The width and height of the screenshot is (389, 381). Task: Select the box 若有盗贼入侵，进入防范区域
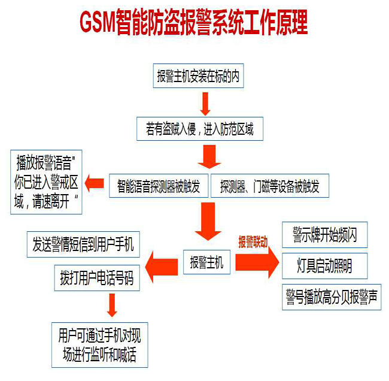(199, 128)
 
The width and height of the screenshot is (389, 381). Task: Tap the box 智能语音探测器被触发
(159, 186)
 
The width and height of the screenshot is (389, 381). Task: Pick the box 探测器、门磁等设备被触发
(270, 186)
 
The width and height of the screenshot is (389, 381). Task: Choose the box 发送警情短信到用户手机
(83, 243)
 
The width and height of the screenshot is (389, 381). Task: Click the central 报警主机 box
(206, 262)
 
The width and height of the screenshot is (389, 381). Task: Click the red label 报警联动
(253, 242)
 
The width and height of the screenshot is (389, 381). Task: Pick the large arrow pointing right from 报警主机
(257, 262)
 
